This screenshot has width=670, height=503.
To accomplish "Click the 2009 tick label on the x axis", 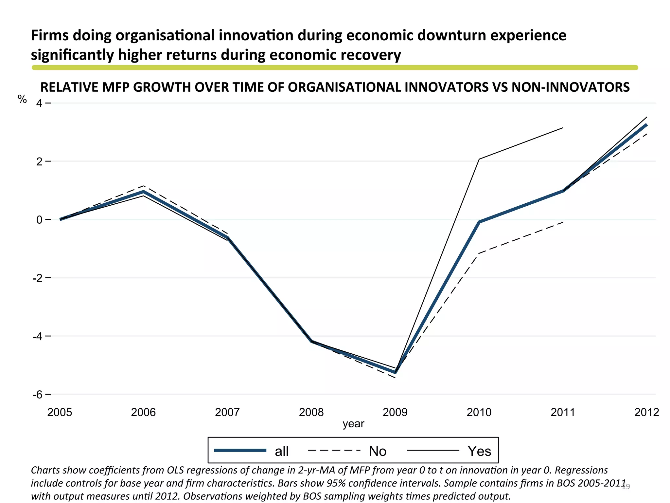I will [x=395, y=412].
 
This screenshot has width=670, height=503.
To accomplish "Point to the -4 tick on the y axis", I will [x=37, y=336].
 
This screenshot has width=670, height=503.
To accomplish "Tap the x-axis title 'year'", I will [x=353, y=424].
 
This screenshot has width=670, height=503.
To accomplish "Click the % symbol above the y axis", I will [x=22, y=99].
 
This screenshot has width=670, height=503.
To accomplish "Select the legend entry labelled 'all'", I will [x=281, y=451].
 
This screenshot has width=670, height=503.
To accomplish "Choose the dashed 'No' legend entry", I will [x=378, y=451].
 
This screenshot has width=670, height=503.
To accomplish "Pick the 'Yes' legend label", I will [x=479, y=451].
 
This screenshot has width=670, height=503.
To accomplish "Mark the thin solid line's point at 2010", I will [x=479, y=159].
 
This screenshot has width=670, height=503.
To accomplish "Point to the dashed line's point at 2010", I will [x=479, y=253].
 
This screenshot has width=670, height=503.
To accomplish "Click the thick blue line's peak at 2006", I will [x=144, y=192].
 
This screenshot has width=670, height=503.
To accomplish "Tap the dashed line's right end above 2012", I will [x=647, y=134].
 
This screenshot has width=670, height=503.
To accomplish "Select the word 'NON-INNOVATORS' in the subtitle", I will [x=570, y=87].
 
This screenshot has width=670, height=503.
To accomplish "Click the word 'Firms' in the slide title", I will [x=49, y=35].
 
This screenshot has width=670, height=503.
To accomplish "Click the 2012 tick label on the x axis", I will [x=646, y=412].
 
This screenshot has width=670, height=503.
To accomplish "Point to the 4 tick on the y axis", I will [x=40, y=103].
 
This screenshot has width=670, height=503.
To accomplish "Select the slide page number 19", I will [x=626, y=487].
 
